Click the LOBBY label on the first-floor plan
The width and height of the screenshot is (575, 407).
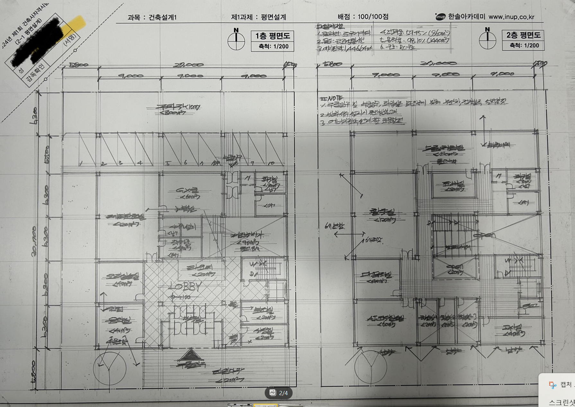pyautogui.click(x=185, y=286)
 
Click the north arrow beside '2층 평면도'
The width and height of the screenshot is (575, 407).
pyautogui.click(x=487, y=39)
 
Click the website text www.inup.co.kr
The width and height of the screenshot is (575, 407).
pyautogui.click(x=511, y=17)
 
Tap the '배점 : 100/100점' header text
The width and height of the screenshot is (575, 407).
pyautogui.click(x=363, y=16)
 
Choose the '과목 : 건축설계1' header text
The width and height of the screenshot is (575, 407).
pyautogui.click(x=152, y=17)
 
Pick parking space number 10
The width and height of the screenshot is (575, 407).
pyautogui.click(x=271, y=163)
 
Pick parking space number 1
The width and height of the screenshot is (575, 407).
pyautogui.click(x=81, y=164)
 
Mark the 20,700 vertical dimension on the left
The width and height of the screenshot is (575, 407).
pyautogui.click(x=34, y=241)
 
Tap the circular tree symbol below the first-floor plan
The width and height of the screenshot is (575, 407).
pyautogui.click(x=110, y=368)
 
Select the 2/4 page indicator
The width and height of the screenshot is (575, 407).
pyautogui.click(x=279, y=393)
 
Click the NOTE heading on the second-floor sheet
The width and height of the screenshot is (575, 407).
pyautogui.click(x=331, y=97)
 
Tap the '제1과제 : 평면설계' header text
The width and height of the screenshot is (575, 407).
pyautogui.click(x=258, y=17)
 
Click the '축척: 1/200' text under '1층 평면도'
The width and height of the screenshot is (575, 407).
pyautogui.click(x=273, y=46)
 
